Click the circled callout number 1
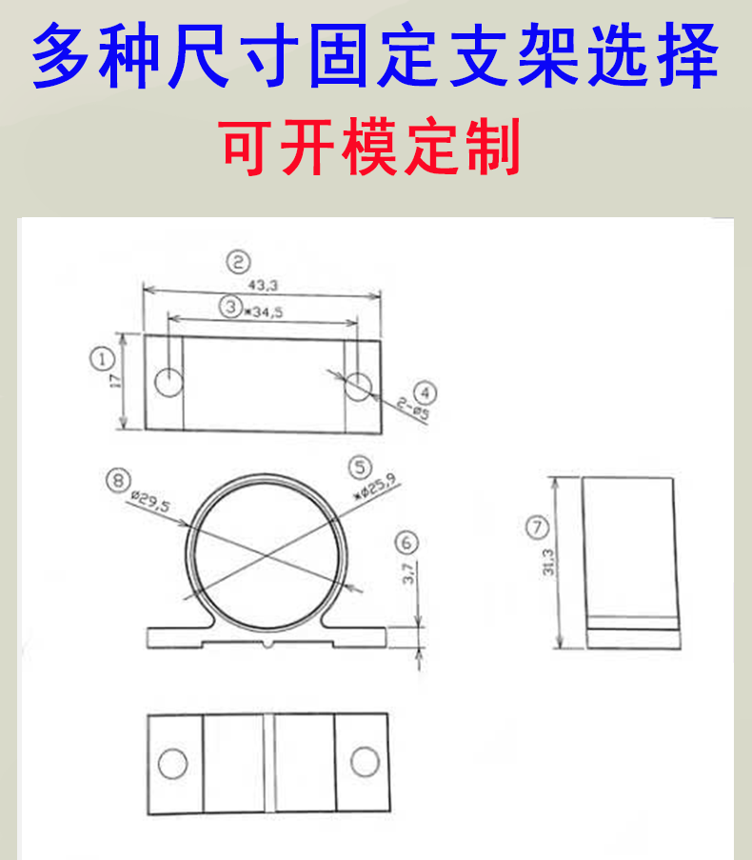[x=102, y=359]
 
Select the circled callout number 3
[x=229, y=307]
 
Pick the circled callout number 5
[x=359, y=467]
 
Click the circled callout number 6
[x=406, y=543]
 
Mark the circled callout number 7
[x=538, y=527]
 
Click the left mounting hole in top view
[x=169, y=382]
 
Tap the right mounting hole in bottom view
[x=364, y=762]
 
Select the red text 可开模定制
[x=372, y=148]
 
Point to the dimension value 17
[x=114, y=381]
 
